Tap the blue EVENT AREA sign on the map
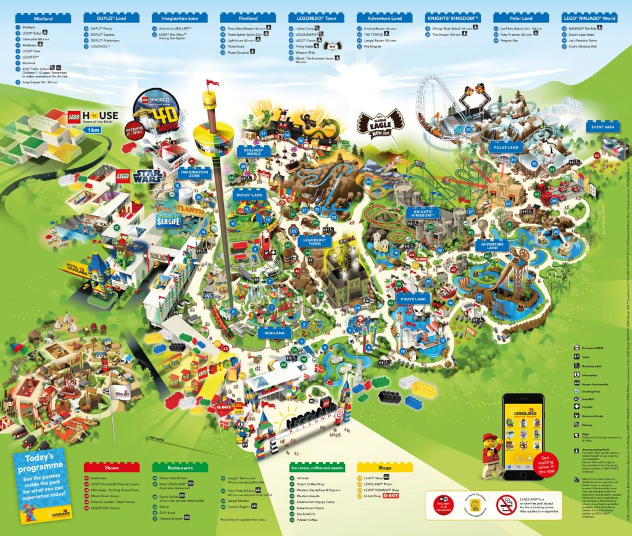pos(602,127)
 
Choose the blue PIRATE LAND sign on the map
pos(413,299)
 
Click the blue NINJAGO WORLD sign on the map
pos(254,151)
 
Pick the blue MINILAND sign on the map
pos(275,333)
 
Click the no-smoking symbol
pos(506,505)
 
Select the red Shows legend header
pos(111,468)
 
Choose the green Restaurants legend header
pos(179,468)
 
